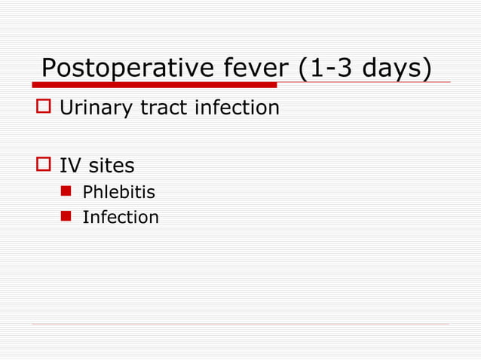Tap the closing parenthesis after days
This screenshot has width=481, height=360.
pyautogui.click(x=427, y=68)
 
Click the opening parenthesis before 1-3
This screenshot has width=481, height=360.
pyautogui.click(x=305, y=68)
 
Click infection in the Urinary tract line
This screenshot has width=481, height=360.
pyautogui.click(x=237, y=108)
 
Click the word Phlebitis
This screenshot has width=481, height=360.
pyautogui.click(x=118, y=192)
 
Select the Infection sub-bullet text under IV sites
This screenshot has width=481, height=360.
pyautogui.click(x=121, y=218)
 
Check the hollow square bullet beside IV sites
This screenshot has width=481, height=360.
pyautogui.click(x=43, y=165)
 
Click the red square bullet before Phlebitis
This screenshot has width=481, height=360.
pyautogui.click(x=66, y=193)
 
